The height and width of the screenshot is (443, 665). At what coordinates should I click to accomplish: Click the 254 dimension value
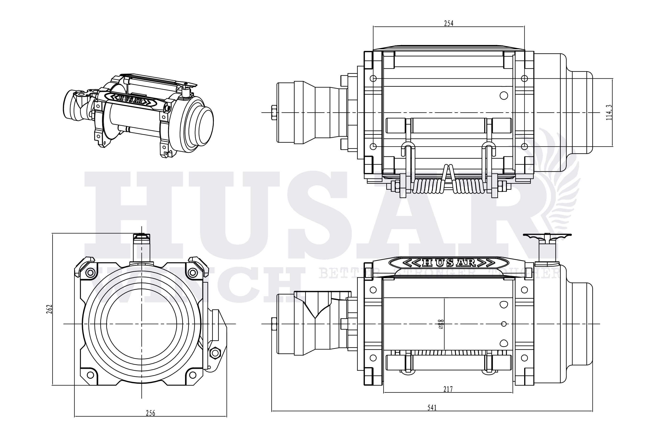point(448,23)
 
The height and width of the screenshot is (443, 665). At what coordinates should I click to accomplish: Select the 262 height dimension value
point(49,309)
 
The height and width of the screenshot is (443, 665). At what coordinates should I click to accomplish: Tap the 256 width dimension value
point(150,413)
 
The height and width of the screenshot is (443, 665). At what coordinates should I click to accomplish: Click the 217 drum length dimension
point(448,389)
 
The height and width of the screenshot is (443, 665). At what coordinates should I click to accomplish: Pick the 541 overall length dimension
point(432,408)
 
